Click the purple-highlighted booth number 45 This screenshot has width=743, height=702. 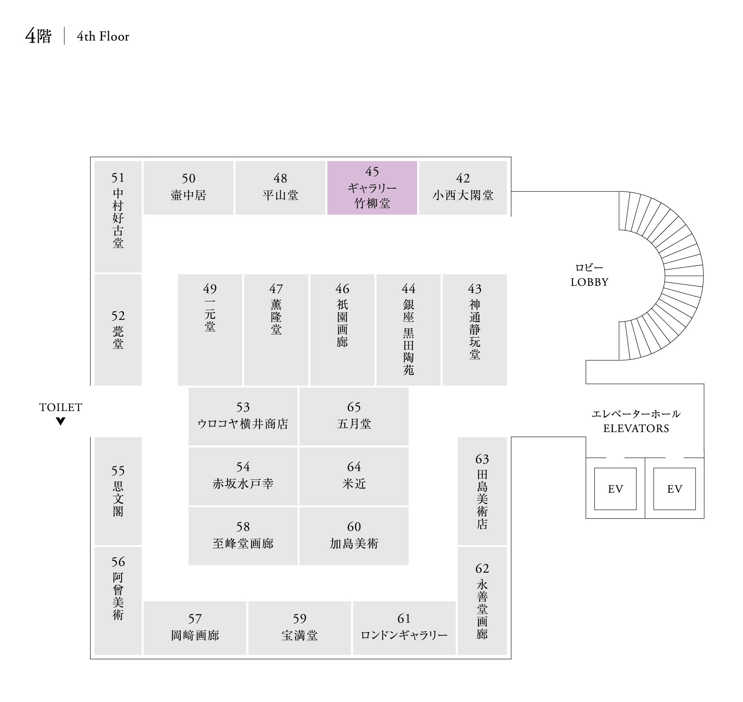[372, 172]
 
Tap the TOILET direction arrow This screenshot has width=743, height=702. [61, 421]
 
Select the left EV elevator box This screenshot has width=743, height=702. [615, 489]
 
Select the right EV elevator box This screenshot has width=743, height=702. [674, 489]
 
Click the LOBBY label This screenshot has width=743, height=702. [589, 282]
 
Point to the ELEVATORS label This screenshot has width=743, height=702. [636, 428]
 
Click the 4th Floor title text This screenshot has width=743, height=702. [103, 36]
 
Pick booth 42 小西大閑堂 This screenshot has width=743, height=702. [463, 187]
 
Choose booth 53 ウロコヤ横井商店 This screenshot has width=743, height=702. [243, 416]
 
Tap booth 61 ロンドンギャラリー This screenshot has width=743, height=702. [404, 628]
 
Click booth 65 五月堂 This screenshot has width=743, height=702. [354, 416]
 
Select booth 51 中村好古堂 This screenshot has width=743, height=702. [118, 216]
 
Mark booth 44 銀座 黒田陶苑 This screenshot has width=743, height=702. [408, 330]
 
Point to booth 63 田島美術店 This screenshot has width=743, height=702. [482, 491]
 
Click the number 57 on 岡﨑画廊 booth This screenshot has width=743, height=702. [195, 618]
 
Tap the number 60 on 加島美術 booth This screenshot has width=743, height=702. [354, 526]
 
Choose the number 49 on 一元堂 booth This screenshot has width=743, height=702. [210, 288]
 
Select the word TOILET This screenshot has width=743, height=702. [61, 407]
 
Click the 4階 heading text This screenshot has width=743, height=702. [38, 36]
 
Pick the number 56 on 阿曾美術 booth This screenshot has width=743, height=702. [118, 562]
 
